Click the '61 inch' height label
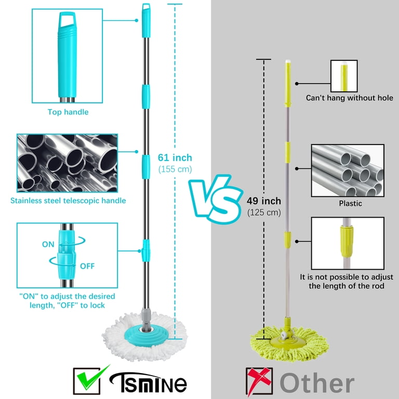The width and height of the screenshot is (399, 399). tap(175, 157)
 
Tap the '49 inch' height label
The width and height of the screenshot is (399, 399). tap(263, 201)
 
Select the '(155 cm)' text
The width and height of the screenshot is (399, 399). tap(175, 169)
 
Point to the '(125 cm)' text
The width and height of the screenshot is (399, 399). tap(264, 212)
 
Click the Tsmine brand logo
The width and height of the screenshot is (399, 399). tap(148, 382)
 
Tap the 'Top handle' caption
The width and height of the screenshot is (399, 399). tap(68, 112)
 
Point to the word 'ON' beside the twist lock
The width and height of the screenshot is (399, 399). tap(48, 244)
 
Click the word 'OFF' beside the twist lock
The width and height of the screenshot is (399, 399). tap(87, 266)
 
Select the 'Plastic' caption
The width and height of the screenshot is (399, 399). tap(350, 204)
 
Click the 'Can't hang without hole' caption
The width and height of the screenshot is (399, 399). tap(349, 98)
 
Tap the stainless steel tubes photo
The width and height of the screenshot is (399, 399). tap(67, 163)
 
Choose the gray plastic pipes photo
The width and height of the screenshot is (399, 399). tap(348, 170)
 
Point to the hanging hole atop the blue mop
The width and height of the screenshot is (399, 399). tap(146, 8)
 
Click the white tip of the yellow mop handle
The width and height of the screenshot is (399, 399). tap(288, 61)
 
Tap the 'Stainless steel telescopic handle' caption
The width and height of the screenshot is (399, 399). tap(68, 201)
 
